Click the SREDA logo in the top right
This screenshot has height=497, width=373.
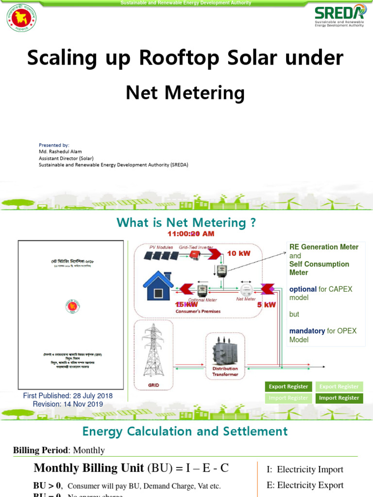(x=339, y=17)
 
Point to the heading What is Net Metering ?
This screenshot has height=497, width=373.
(x=186, y=223)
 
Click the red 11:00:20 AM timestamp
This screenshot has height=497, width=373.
(x=191, y=234)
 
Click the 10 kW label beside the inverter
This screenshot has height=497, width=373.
(x=238, y=254)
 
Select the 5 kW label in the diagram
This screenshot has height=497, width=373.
(x=266, y=305)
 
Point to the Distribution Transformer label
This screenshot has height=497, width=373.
(x=225, y=372)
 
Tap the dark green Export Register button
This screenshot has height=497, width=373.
(x=288, y=387)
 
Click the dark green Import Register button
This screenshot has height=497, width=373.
(x=339, y=398)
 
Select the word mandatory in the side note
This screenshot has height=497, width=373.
(x=307, y=331)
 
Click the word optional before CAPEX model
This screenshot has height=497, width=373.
(x=303, y=289)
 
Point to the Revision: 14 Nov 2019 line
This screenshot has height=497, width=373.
(x=68, y=404)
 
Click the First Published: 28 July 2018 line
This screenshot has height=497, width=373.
(x=68, y=396)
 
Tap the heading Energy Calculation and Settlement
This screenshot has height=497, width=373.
(x=185, y=431)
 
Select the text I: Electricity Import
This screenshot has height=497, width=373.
(x=305, y=470)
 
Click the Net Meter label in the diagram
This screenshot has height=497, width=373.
(x=246, y=299)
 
